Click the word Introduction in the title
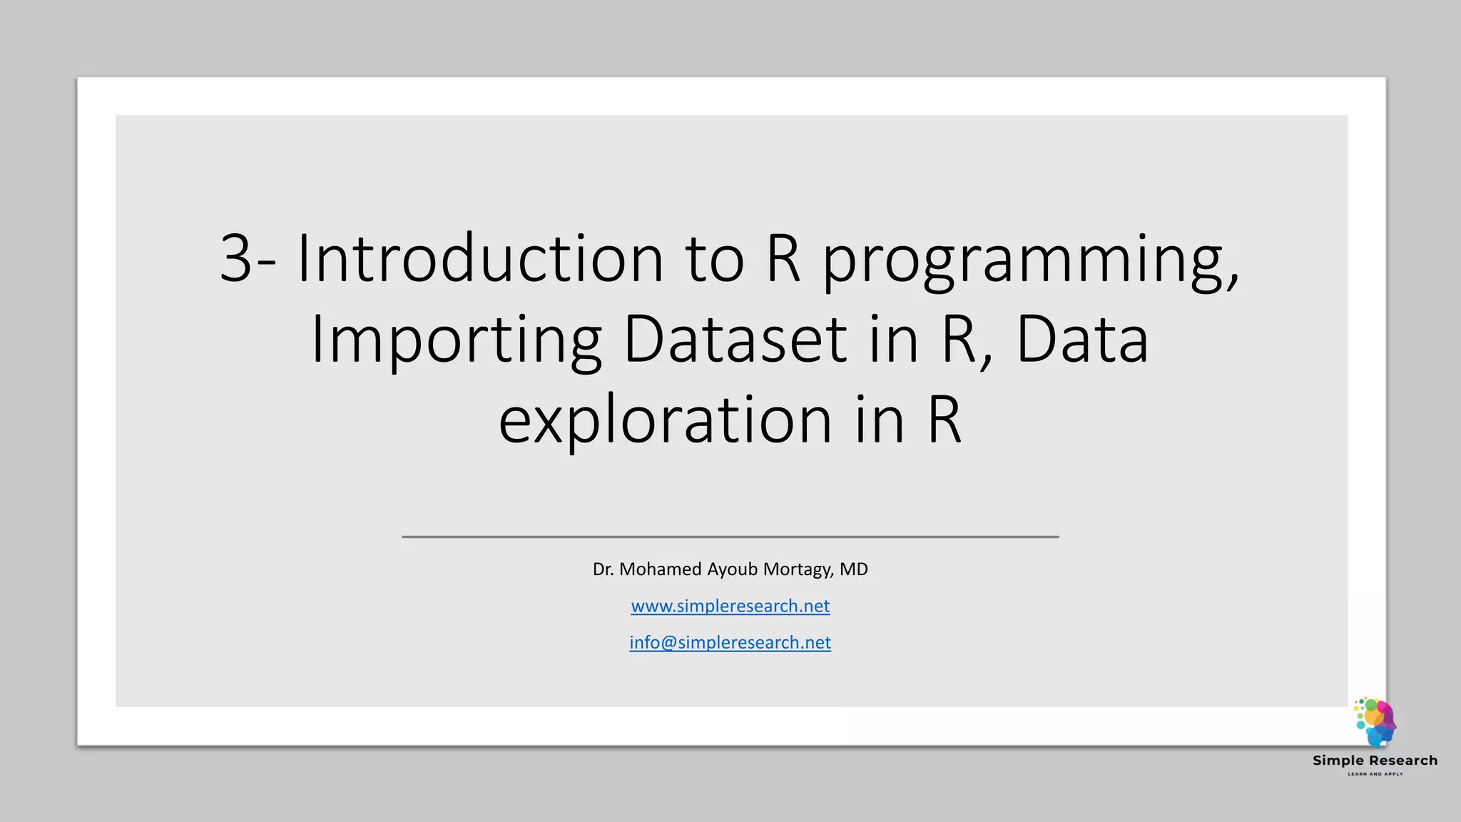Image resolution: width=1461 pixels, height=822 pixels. coord(479,258)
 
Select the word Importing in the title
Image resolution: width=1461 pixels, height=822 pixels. coord(456,341)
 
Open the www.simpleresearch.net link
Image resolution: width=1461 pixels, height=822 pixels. coord(730,606)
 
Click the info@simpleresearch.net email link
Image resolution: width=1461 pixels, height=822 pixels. coord(730,642)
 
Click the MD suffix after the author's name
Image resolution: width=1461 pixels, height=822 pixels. coord(853,569)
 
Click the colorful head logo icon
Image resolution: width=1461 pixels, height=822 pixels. coord(1375,722)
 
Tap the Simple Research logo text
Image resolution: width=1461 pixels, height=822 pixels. coord(1375,761)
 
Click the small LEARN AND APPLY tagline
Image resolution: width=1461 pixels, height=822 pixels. coord(1375,774)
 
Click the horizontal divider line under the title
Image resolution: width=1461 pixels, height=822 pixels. coord(730,537)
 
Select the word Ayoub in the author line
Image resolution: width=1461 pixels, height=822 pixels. coord(732,569)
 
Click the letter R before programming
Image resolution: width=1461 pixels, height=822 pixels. coord(783,258)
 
